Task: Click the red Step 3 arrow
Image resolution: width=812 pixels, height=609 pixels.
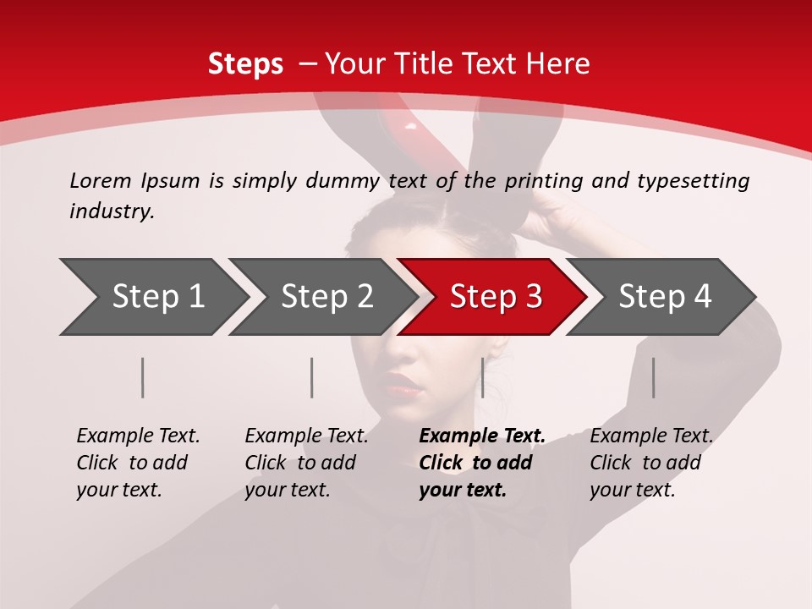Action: coord(495,296)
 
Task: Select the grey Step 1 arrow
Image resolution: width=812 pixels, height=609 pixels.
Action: coord(157,296)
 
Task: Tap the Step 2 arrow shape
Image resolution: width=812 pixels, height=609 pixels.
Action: coord(326,296)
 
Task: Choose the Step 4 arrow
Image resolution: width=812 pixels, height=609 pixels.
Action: coord(664,296)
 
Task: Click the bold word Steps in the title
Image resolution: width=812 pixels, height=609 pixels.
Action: coord(245,63)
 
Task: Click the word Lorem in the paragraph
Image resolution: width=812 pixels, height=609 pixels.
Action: coord(101,180)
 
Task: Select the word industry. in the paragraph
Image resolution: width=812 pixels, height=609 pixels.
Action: coord(112,211)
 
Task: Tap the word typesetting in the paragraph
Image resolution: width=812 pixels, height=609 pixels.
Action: coord(693,180)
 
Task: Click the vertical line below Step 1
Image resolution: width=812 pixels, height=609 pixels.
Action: coord(143,377)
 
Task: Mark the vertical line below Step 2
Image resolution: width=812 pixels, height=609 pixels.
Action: coord(312,377)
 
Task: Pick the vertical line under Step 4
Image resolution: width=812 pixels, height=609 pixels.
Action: coord(653,377)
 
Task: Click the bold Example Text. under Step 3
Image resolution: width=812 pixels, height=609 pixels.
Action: coord(482,436)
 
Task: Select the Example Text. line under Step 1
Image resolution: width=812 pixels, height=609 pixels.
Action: coord(138,436)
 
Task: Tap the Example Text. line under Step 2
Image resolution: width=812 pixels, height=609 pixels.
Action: coord(306,436)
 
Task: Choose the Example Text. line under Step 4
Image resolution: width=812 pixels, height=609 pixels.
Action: coord(651,436)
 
